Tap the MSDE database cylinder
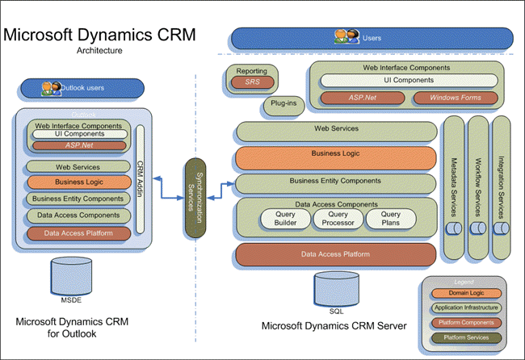(71, 276)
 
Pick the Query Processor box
(337, 219)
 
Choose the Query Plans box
(391, 219)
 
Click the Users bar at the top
(372, 37)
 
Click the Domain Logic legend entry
(463, 293)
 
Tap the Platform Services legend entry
(463, 336)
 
